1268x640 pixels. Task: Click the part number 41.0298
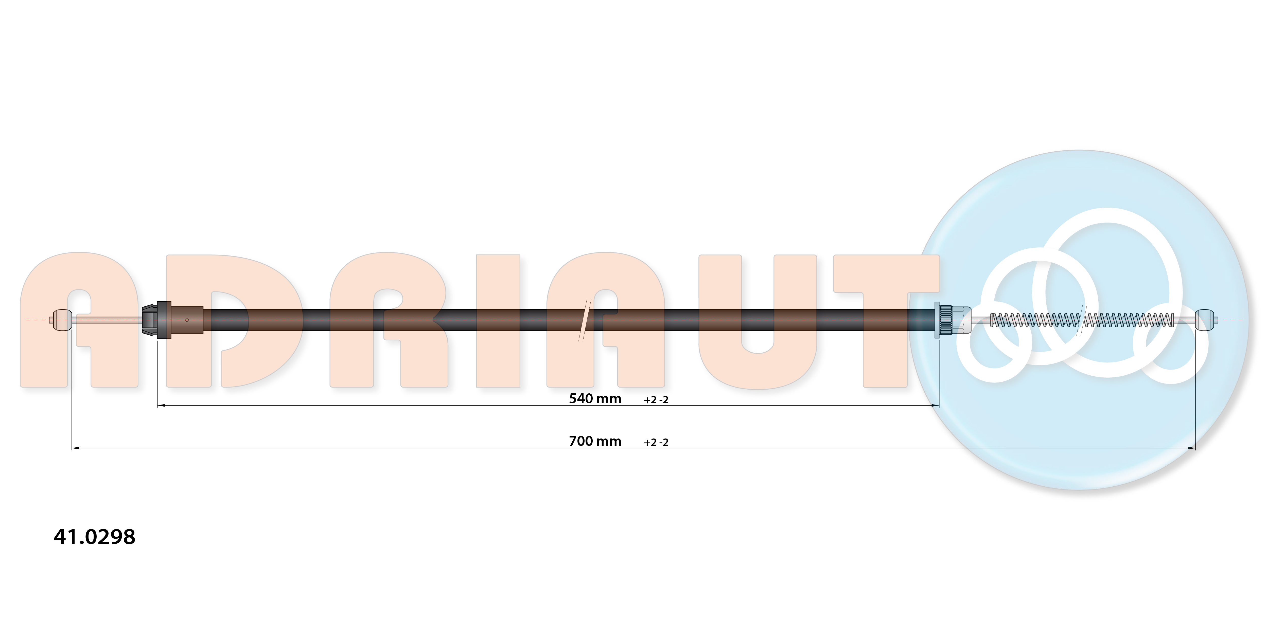(x=94, y=537)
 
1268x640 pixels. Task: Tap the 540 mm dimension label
(x=595, y=398)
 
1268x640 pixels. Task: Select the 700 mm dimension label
(x=595, y=441)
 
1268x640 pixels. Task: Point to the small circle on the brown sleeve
(x=187, y=320)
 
